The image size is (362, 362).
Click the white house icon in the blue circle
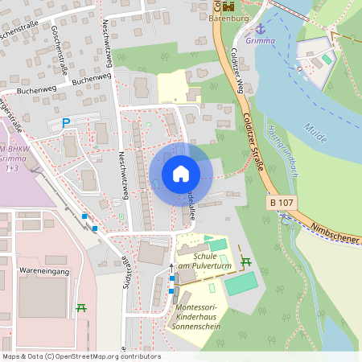(180, 174)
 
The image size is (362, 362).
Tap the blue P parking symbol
(67, 123)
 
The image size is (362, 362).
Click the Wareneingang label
(46, 271)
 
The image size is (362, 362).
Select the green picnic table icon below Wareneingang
(81, 307)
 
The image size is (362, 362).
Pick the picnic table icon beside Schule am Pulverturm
(246, 261)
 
